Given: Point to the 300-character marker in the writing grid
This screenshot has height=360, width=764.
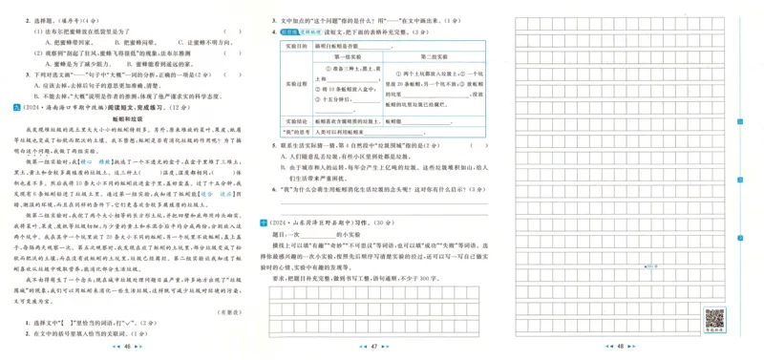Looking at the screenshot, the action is tap(621, 265).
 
